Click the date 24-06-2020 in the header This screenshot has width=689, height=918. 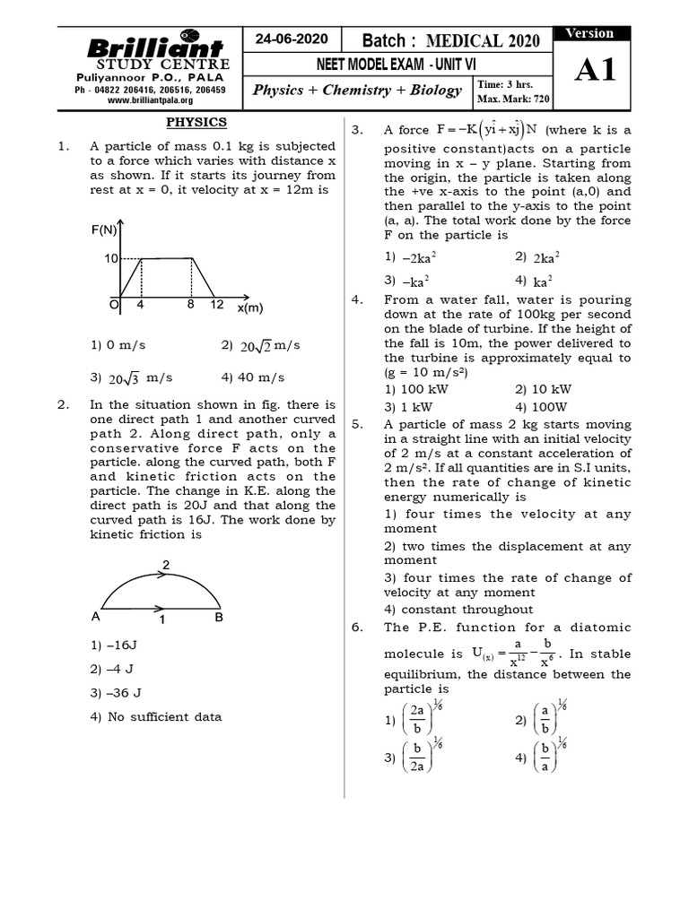tap(292, 39)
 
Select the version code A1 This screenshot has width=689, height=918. tap(594, 71)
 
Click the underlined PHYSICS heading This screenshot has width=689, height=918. tap(196, 123)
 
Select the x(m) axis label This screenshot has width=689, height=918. tap(250, 308)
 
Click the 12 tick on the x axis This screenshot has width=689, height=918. tap(217, 305)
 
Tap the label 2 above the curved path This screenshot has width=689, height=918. tap(165, 565)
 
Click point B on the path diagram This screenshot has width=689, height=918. tap(219, 617)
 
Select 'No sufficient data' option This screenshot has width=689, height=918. tap(155, 716)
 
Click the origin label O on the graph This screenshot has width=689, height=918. tap(114, 305)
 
